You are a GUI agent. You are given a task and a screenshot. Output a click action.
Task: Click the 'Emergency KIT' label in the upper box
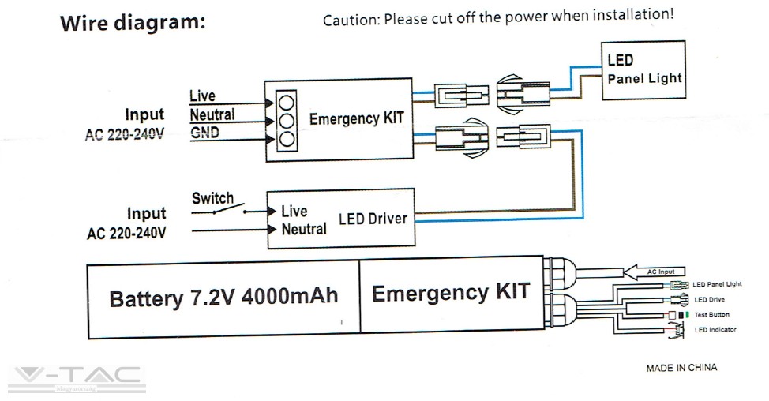point(356,118)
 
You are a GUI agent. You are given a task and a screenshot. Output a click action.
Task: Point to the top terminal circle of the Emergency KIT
point(287,101)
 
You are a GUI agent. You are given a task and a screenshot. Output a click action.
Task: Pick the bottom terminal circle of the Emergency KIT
point(287,139)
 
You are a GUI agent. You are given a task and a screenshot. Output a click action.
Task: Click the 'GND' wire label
point(205,132)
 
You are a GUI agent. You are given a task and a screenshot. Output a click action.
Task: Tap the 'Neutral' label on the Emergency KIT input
point(212,114)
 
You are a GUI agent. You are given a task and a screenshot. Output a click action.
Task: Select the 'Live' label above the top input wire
point(202,96)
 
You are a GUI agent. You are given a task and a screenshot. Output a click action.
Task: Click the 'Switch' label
point(212,197)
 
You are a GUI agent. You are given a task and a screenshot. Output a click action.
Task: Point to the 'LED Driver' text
point(373,218)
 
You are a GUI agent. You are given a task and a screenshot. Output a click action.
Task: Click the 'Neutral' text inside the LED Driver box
point(304,229)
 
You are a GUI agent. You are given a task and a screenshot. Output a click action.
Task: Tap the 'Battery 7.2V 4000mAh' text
point(223,298)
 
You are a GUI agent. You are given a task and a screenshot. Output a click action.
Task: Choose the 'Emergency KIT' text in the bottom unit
point(451,294)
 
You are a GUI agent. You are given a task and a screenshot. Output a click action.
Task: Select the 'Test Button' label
point(712,315)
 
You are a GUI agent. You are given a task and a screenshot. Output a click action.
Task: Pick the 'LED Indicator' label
point(715,330)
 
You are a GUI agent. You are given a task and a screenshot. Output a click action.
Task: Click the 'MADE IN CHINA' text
point(681,368)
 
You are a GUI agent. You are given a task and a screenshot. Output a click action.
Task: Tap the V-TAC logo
point(77,379)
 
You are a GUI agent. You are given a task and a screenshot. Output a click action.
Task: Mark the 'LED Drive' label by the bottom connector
point(709,300)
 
